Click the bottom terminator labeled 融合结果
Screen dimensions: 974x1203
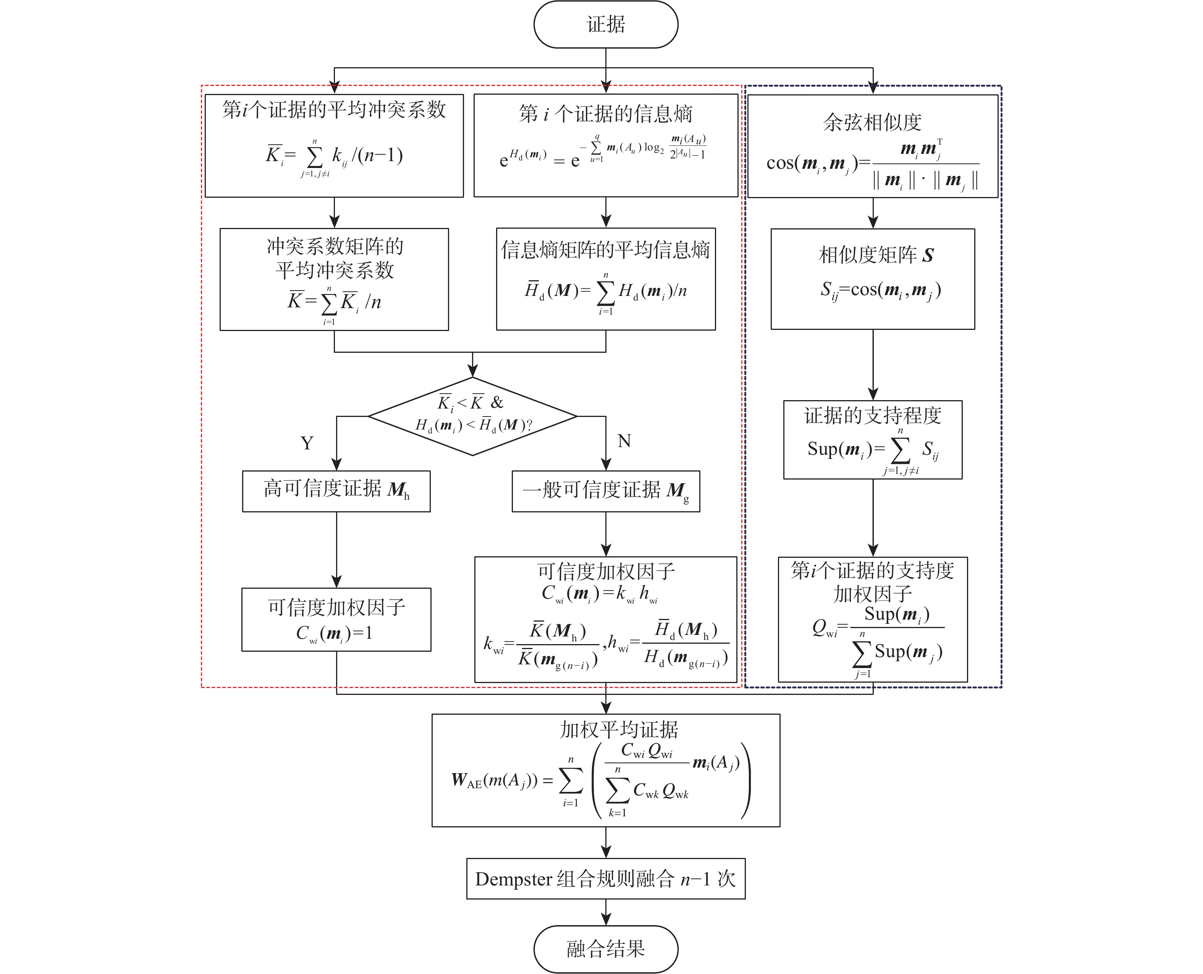click(x=605, y=949)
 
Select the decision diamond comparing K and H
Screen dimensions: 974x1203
click(x=472, y=416)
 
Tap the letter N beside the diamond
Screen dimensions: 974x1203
click(x=624, y=441)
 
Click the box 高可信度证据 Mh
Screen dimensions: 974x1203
click(x=336, y=491)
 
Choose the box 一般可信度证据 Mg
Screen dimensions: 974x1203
click(x=605, y=491)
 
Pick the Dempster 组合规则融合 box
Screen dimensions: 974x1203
click(x=605, y=879)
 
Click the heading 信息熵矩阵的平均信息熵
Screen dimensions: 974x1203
click(x=605, y=250)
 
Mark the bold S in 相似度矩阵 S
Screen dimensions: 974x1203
click(x=928, y=256)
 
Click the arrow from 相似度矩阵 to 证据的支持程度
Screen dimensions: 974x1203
click(x=873, y=365)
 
